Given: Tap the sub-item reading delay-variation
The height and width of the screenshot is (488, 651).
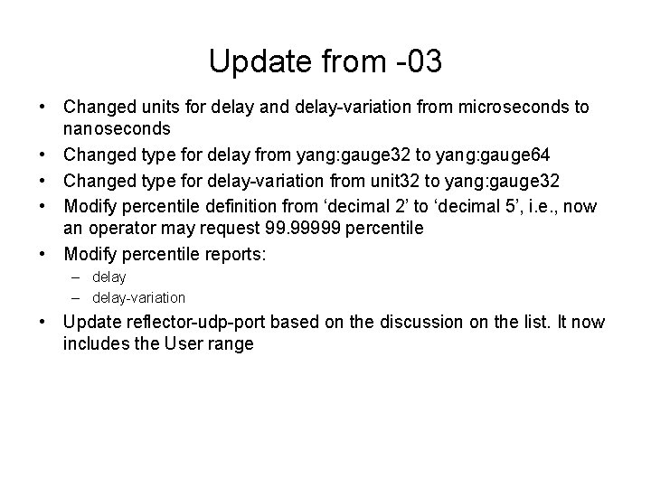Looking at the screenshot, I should (138, 297).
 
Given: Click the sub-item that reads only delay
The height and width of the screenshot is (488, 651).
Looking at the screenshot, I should (109, 277).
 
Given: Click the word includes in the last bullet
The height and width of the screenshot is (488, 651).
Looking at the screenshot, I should (93, 343).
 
